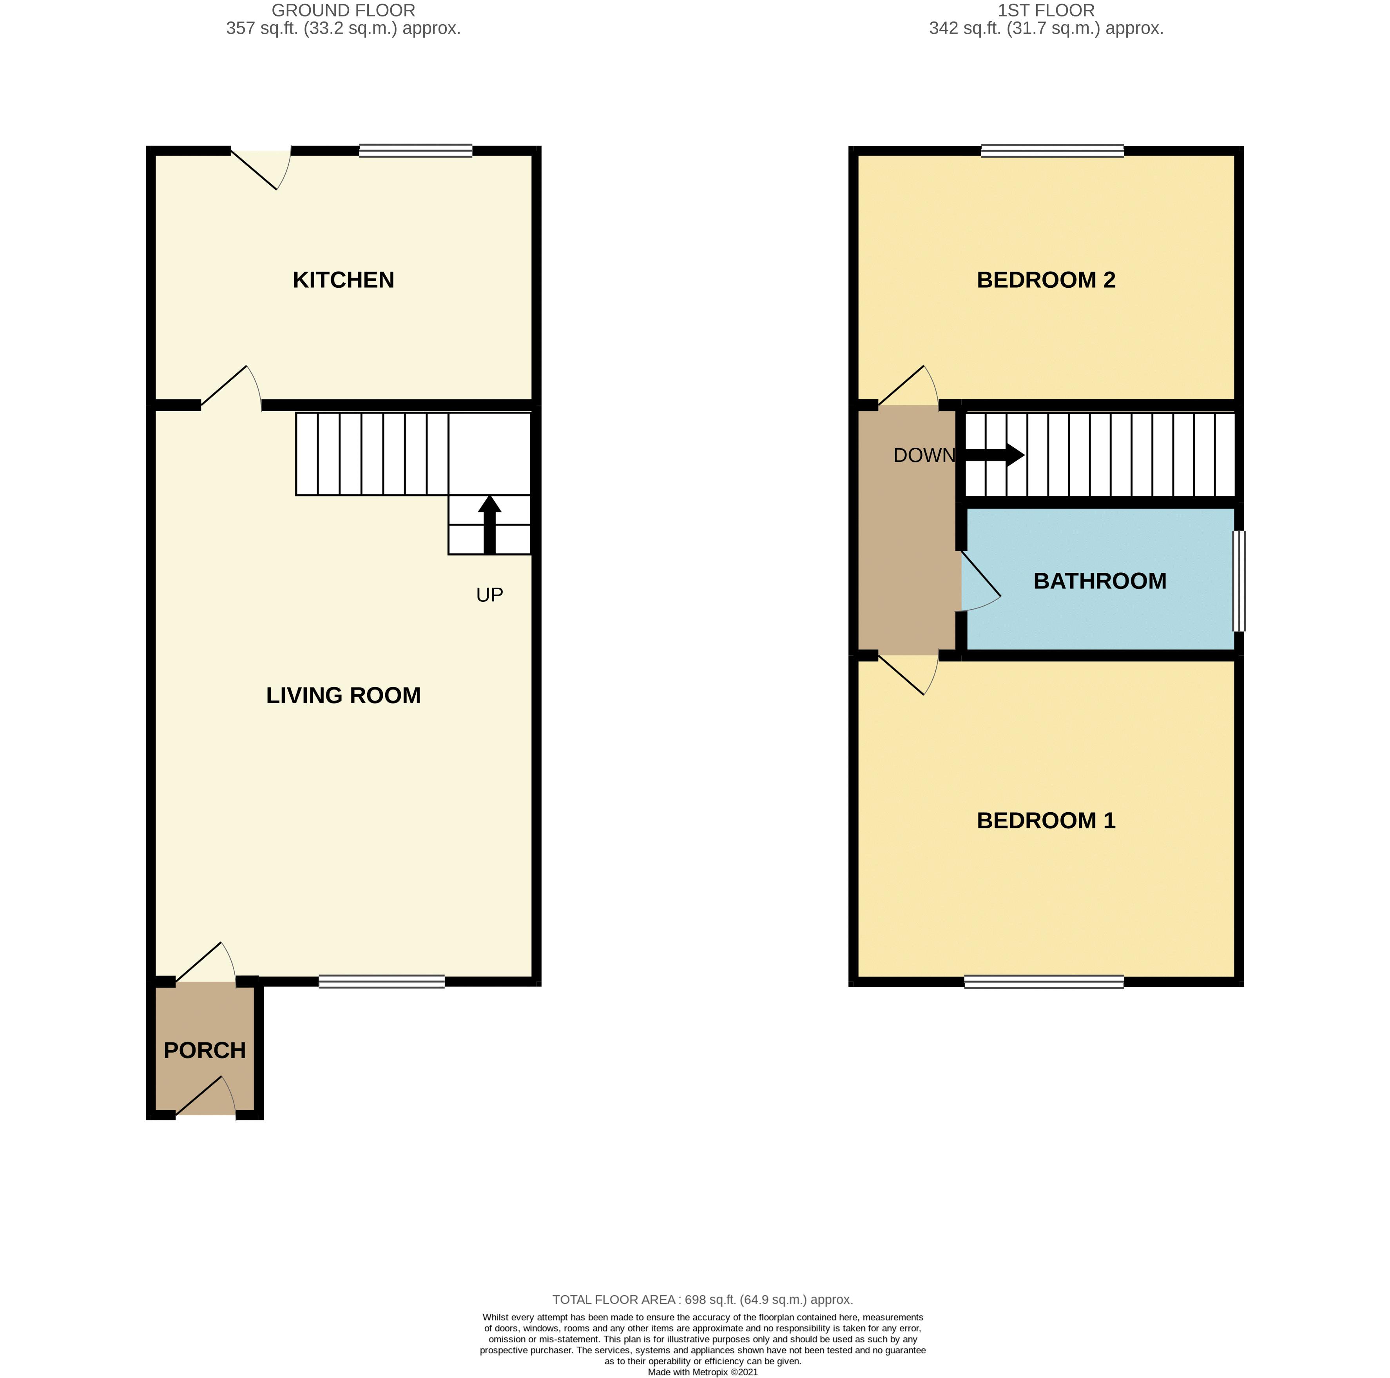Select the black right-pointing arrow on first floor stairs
point(997,455)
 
